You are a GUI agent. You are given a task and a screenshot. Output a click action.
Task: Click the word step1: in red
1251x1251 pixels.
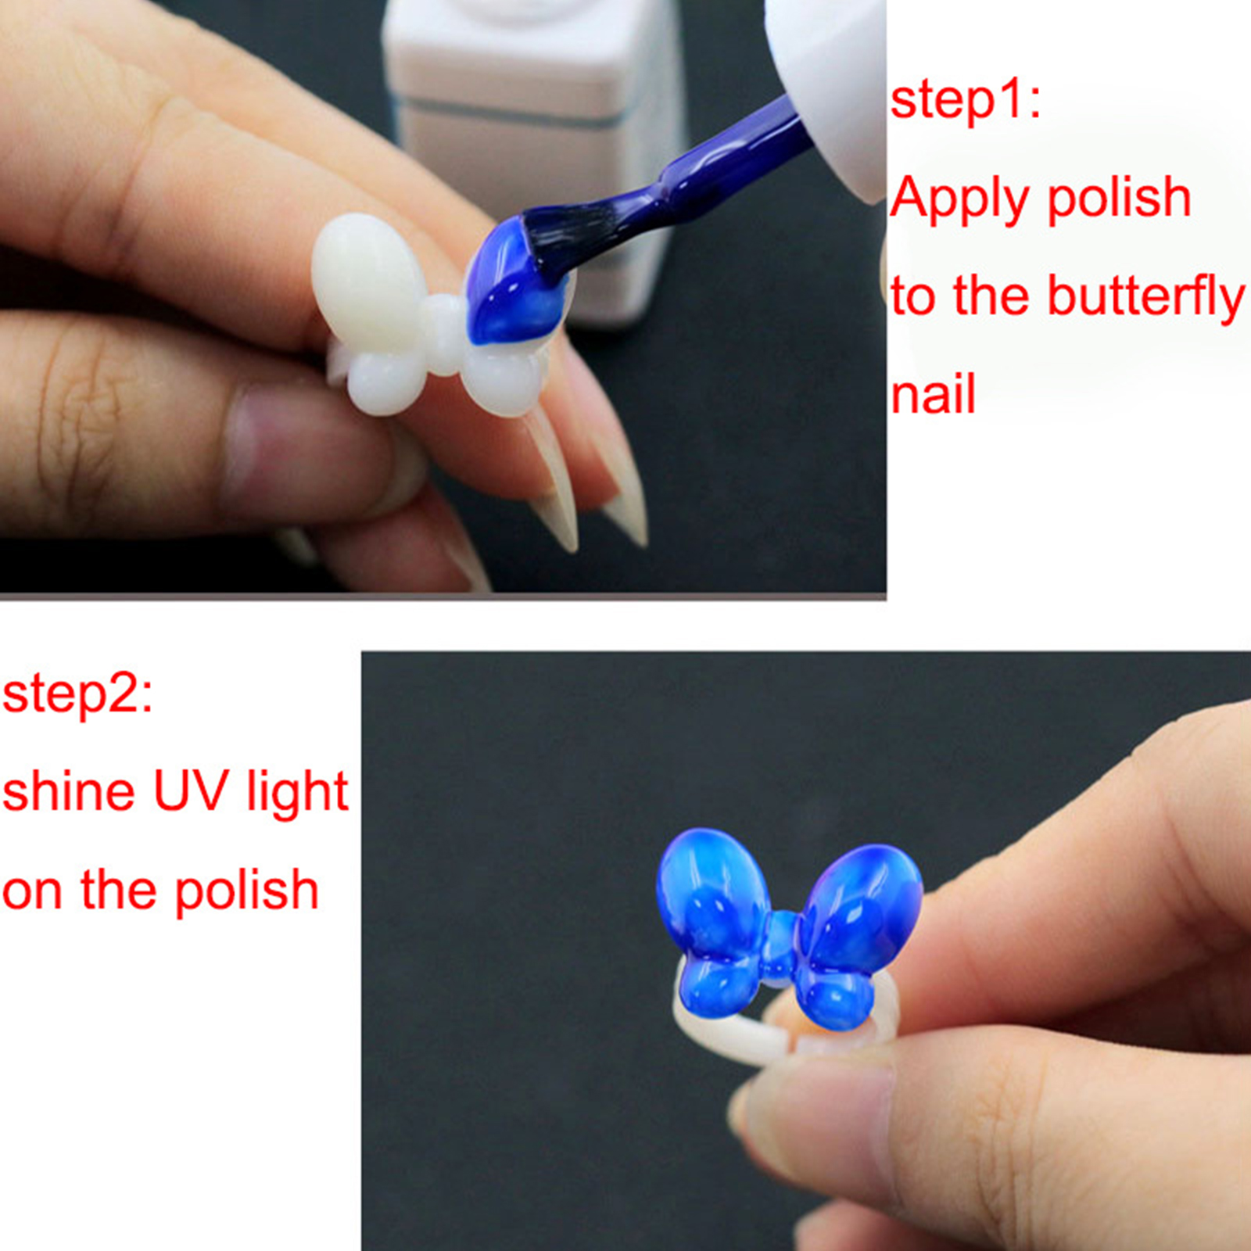pos(966,102)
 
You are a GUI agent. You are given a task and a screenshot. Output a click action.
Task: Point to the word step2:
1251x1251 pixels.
pos(77,694)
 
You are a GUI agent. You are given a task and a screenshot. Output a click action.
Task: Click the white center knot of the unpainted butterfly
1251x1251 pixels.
pos(443,334)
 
